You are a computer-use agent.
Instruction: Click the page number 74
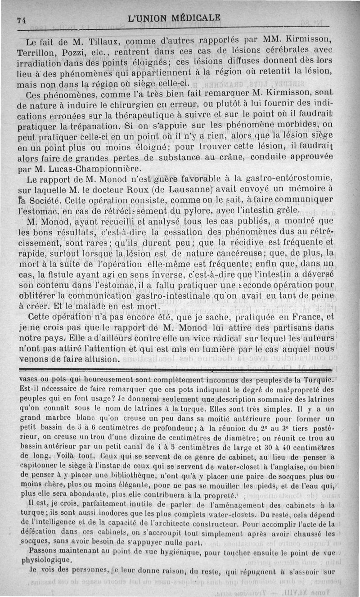pos(20,20)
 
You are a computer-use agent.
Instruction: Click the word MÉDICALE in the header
pos(195,18)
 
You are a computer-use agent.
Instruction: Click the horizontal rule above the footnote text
pos(180,370)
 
